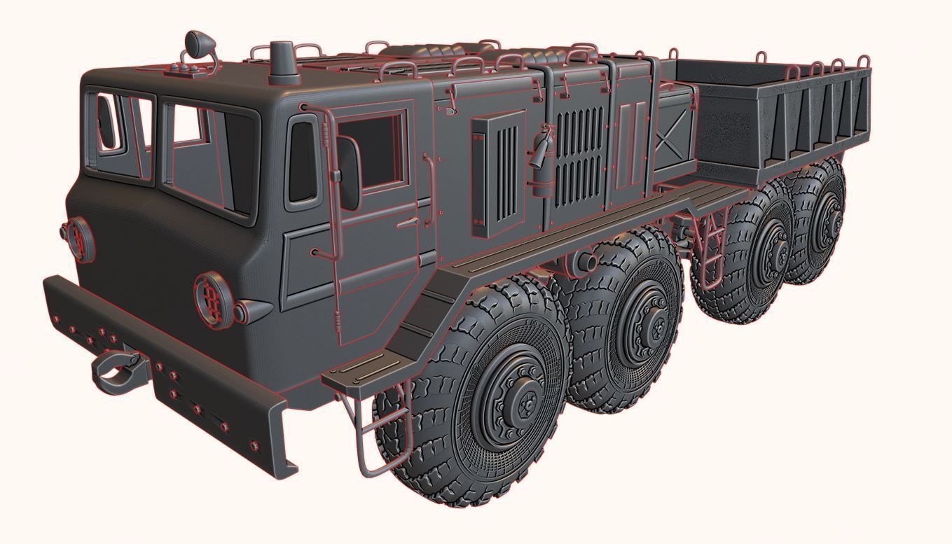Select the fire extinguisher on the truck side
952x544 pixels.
click(541, 158)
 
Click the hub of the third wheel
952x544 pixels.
click(775, 248)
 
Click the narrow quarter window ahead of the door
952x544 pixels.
click(304, 164)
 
